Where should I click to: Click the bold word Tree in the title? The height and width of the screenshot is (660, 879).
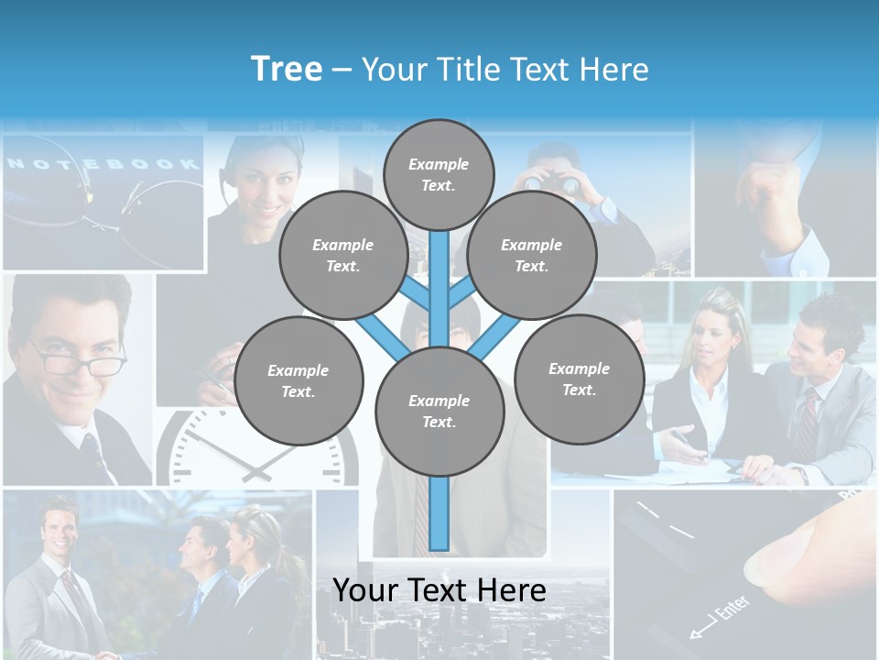click(287, 69)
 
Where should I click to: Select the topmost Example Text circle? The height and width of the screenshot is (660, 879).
click(439, 174)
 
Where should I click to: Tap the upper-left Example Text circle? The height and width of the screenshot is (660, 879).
click(343, 255)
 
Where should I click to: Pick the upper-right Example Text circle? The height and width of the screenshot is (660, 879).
click(532, 255)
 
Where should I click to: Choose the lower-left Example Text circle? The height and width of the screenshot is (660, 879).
click(298, 380)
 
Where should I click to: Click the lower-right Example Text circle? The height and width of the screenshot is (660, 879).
click(579, 379)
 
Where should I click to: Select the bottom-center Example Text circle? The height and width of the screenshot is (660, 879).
click(439, 411)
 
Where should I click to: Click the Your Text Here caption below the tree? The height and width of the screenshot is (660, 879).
click(439, 590)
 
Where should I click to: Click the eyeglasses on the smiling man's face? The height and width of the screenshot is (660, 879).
click(81, 360)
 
